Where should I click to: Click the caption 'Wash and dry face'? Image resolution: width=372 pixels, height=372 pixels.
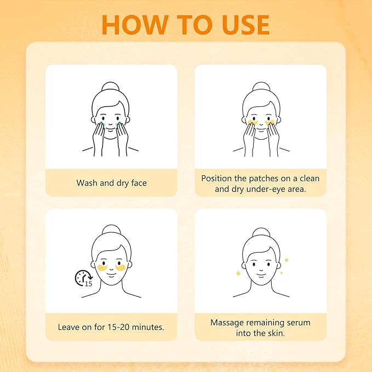coord(112,183)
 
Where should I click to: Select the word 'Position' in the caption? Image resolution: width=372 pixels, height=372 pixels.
coord(216,179)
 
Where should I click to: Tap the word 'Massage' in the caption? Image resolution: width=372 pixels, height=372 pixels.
coord(227,323)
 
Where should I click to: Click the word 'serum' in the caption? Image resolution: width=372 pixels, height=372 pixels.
coord(299,323)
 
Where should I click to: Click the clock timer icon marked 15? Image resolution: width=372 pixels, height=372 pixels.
coord(84,278)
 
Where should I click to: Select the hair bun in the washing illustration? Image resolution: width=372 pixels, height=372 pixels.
coord(111,87)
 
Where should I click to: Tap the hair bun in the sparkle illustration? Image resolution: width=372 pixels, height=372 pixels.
coord(261,232)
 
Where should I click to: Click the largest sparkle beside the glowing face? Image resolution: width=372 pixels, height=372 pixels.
coord(238,273)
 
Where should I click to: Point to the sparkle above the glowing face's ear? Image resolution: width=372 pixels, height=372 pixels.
coord(287,260)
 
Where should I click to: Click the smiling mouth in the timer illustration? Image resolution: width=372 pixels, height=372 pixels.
coord(111,274)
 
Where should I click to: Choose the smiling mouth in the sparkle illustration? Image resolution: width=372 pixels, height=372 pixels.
coord(261,275)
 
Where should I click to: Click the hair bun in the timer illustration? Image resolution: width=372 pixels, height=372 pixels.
coord(111,230)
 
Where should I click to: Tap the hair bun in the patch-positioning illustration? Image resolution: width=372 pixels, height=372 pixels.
coord(261,87)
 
